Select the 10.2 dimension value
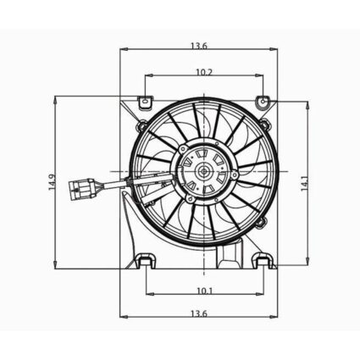(203, 73)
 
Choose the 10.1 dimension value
(203, 291)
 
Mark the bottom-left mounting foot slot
(145, 261)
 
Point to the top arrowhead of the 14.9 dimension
(57, 97)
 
